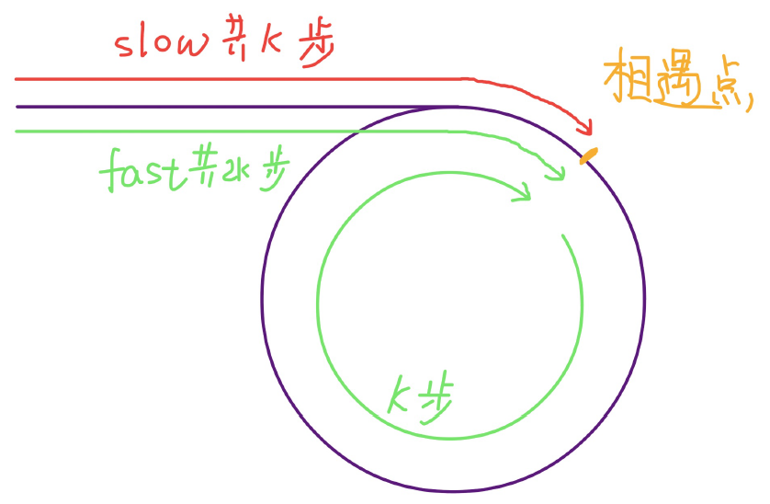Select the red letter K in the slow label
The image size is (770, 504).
pos(275,43)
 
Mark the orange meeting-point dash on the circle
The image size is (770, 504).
pos(588,155)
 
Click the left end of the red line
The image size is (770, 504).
pos(17,80)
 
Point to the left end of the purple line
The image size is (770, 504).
pos(17,107)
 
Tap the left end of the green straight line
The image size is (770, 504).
pos(17,132)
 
